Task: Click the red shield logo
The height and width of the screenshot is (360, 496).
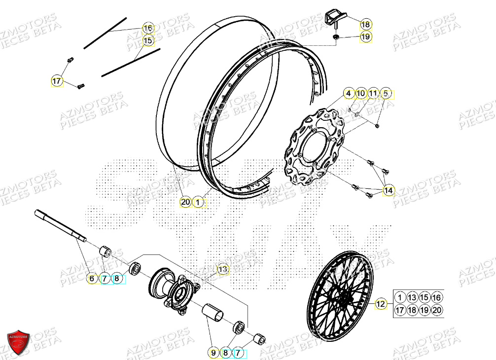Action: pyautogui.click(x=18, y=342)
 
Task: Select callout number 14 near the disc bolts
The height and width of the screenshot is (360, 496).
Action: pyautogui.click(x=389, y=190)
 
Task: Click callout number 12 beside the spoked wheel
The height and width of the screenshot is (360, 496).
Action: pyautogui.click(x=381, y=304)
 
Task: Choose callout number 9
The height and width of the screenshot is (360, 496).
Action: pyautogui.click(x=213, y=353)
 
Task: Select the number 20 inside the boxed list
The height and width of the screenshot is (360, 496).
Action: pyautogui.click(x=436, y=310)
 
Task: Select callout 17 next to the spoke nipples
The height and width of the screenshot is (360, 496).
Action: pyautogui.click(x=58, y=80)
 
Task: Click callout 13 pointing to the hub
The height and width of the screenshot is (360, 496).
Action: pyautogui.click(x=223, y=269)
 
